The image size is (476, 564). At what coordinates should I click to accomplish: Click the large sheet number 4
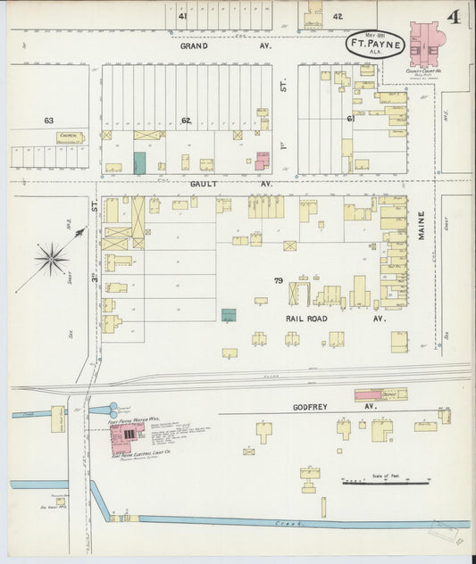pyautogui.click(x=454, y=19)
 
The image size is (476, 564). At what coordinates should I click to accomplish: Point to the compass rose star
pyautogui.click(x=52, y=260)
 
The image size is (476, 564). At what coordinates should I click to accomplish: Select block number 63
pyautogui.click(x=49, y=119)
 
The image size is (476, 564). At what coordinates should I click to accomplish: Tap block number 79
pyautogui.click(x=279, y=281)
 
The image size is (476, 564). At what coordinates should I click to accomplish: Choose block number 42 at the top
pyautogui.click(x=337, y=17)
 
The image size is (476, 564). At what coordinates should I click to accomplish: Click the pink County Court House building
pyautogui.click(x=426, y=45)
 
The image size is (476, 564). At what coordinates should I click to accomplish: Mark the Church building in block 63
pyautogui.click(x=70, y=138)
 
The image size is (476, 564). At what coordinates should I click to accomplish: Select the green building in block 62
pyautogui.click(x=139, y=162)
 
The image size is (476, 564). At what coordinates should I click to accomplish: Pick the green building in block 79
pyautogui.click(x=229, y=315)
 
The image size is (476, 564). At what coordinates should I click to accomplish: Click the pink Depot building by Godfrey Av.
pyautogui.click(x=380, y=394)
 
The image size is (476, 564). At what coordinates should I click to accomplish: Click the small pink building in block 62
pyautogui.click(x=262, y=161)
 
